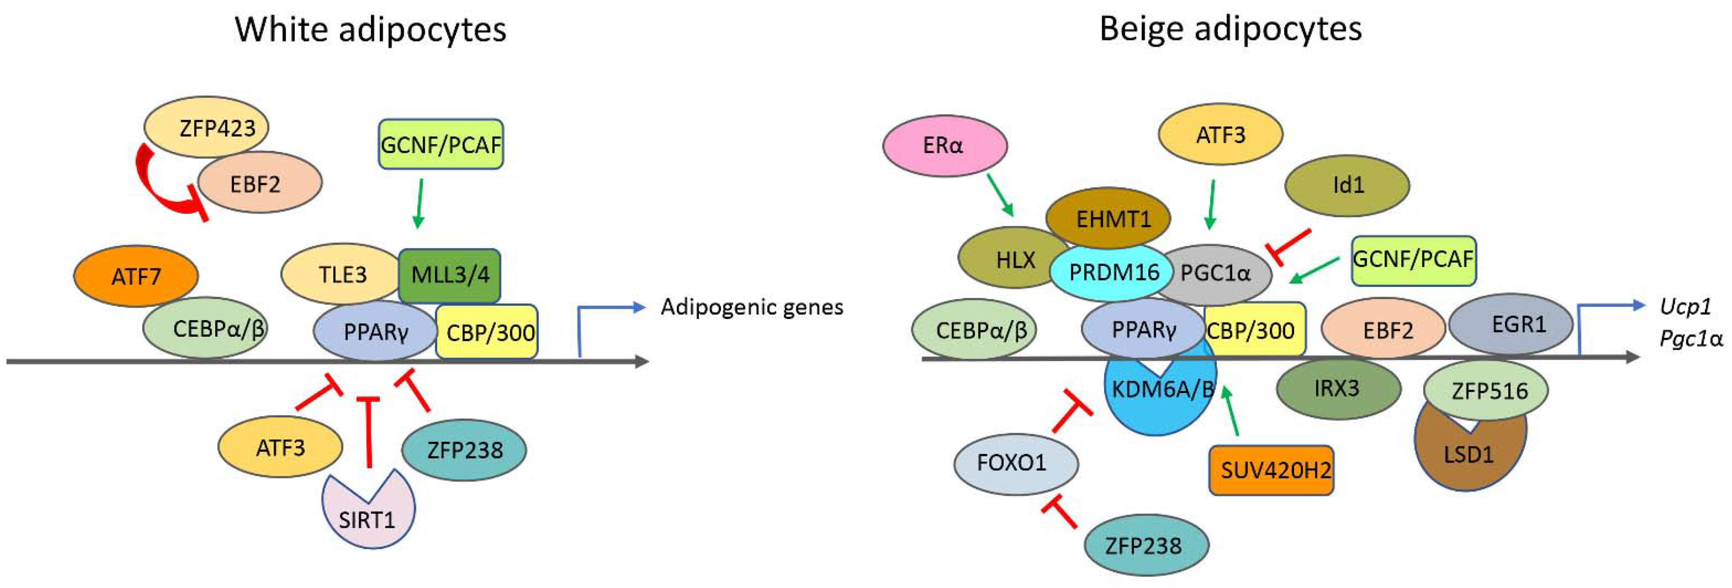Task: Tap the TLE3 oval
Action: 342,274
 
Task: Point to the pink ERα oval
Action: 944,145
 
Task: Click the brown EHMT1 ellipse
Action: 1108,218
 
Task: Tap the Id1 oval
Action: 1347,186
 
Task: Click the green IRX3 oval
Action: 1337,388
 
